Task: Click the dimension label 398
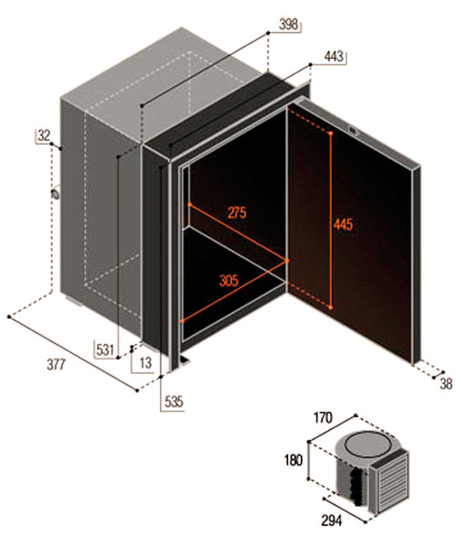[x=289, y=25]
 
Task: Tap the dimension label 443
[x=334, y=56]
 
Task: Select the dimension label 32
[x=44, y=136]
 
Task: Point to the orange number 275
[x=237, y=212]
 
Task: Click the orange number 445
[x=343, y=225]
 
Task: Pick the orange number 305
[x=229, y=280]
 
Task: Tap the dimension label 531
[x=106, y=349]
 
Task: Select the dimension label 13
[x=145, y=362]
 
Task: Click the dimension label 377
[x=56, y=364]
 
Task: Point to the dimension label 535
[x=174, y=401]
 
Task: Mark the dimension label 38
[x=446, y=384]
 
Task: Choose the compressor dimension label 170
[x=323, y=418]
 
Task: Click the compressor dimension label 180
[x=293, y=460]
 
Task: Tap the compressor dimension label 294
[x=331, y=521]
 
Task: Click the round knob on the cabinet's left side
[x=55, y=193]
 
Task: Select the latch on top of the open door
[x=354, y=131]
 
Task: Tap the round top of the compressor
[x=366, y=445]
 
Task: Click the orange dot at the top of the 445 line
[x=330, y=133]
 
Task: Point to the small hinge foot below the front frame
[x=184, y=360]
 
